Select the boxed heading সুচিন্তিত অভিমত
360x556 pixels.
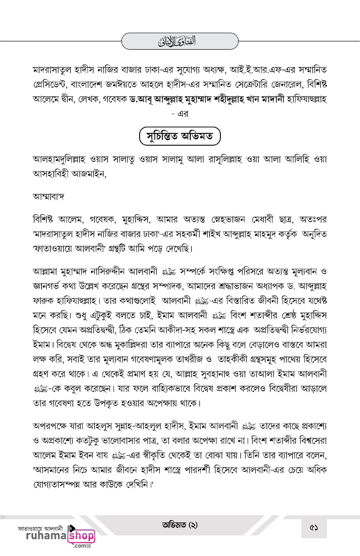pyautogui.click(x=180, y=136)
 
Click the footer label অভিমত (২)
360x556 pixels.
pyautogui.click(x=180, y=525)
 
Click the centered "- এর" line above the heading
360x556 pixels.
pyautogui.click(x=180, y=114)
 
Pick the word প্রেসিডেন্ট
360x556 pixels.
pyautogui.click(x=54, y=84)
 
